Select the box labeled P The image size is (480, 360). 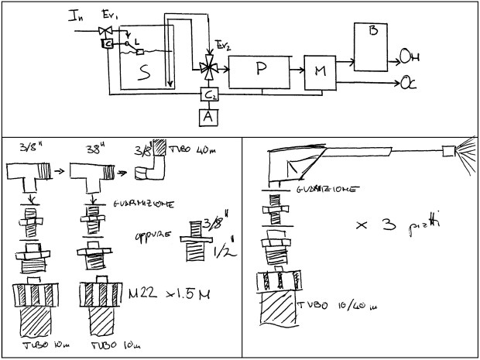coord(260,68)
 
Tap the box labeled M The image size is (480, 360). coord(319,73)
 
